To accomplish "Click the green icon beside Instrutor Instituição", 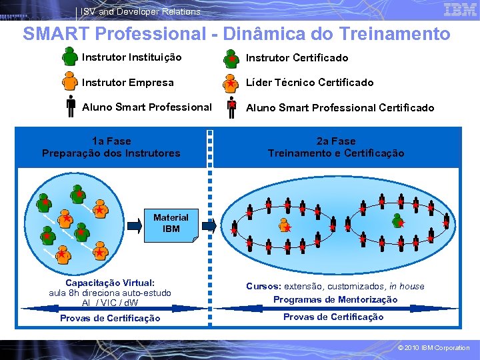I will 70,57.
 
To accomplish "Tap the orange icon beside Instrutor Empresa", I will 70,82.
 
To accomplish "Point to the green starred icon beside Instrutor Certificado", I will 231,59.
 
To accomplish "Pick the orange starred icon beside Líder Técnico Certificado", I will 231,83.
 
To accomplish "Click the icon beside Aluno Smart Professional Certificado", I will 231,107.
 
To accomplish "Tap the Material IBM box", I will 171,223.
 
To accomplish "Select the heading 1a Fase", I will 111,141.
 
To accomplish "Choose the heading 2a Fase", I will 336,141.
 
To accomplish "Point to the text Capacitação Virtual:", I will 110,283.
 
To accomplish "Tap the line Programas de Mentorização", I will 335,299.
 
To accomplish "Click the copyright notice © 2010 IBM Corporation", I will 433,347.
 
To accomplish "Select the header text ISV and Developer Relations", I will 140,11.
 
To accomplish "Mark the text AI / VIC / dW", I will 110,303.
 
